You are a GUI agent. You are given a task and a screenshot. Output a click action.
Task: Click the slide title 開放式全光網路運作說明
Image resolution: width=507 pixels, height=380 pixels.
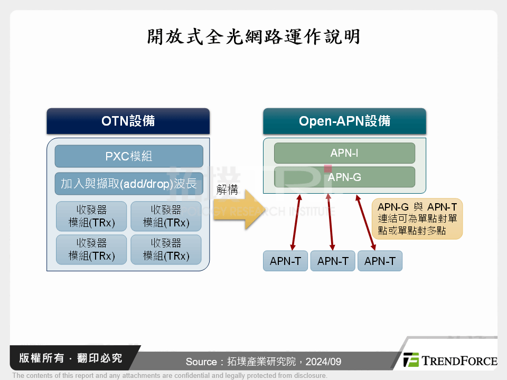(253, 36)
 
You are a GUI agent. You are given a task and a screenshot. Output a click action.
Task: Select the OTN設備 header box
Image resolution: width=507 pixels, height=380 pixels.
(128, 121)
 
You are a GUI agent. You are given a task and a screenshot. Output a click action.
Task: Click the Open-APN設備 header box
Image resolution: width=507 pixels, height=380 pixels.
(344, 121)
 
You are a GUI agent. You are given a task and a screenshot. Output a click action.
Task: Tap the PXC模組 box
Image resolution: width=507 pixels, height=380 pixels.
(129, 156)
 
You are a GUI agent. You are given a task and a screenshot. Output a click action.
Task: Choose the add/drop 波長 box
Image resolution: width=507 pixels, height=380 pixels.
(129, 183)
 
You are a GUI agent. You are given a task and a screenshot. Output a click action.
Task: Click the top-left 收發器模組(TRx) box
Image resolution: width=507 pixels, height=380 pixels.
(91, 216)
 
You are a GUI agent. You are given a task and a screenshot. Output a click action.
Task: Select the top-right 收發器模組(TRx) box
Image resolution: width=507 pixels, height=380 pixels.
(166, 216)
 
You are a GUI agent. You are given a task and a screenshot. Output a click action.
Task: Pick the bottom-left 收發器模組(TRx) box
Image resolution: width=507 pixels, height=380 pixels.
(91, 249)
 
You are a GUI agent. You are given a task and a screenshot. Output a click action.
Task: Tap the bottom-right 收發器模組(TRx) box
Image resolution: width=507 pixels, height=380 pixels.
(166, 249)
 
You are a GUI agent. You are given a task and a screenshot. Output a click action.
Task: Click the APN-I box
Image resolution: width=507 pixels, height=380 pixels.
(344, 153)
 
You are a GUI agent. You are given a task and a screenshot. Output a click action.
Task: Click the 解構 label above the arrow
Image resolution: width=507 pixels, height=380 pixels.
(227, 189)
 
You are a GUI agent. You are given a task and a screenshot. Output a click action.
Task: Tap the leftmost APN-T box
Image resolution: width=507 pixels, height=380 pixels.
(286, 261)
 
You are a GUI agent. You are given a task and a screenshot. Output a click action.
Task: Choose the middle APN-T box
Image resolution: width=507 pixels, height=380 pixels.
(333, 261)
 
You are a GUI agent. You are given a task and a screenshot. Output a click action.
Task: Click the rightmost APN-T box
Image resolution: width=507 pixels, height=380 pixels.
(380, 261)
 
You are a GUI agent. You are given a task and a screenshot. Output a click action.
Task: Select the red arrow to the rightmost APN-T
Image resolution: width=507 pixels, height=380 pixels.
(365, 222)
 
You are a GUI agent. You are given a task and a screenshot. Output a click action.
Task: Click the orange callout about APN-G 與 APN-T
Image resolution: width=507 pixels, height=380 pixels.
(417, 218)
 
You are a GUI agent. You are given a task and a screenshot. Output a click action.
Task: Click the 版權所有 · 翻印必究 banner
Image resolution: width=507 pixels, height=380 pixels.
(71, 358)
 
